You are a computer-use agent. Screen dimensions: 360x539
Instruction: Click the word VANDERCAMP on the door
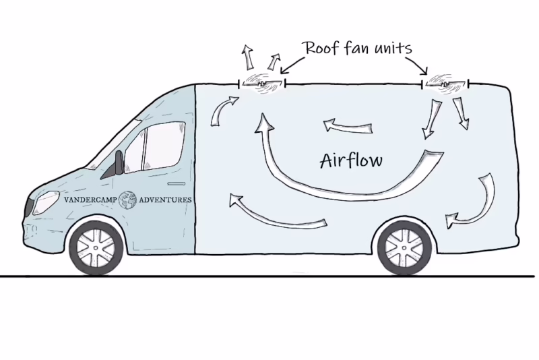89,200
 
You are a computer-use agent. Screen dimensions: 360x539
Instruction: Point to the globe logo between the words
127,200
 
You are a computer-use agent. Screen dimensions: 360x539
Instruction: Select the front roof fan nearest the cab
261,84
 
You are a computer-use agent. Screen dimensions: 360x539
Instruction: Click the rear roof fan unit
445,84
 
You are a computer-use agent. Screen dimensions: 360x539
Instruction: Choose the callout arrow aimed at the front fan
287,66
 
